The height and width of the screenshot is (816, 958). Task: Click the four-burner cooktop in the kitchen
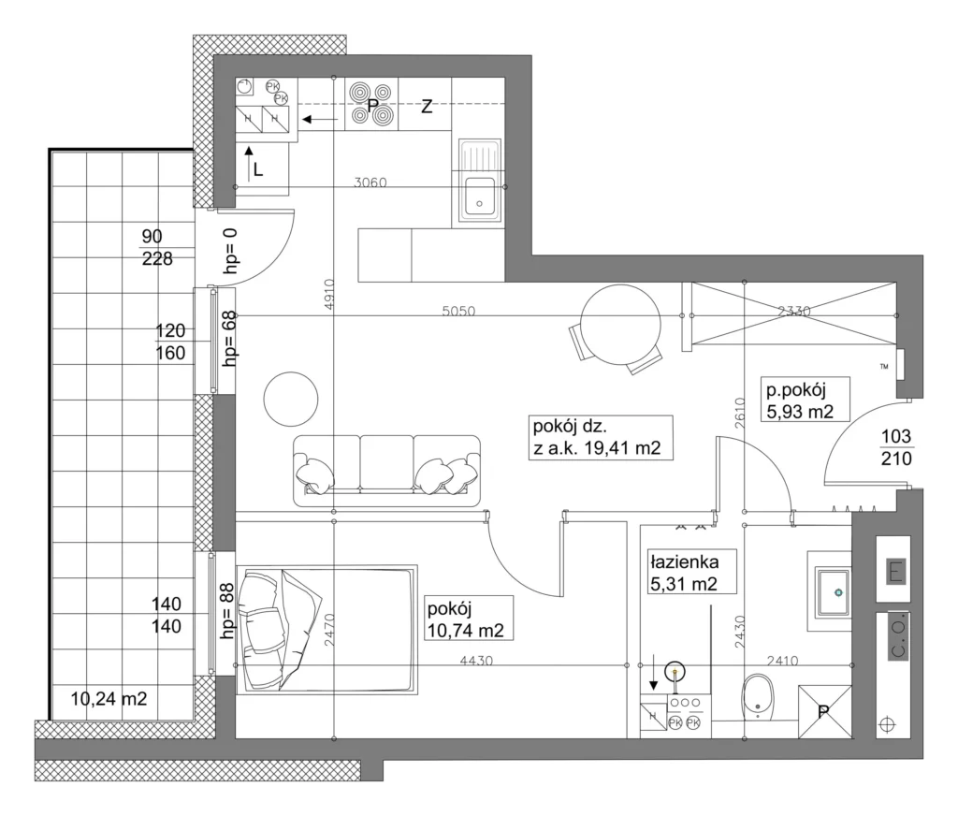pos(370,103)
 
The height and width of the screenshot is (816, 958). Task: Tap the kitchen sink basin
pos(480,197)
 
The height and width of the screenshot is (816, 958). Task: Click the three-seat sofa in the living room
pos(386,471)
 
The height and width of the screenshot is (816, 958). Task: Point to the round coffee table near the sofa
pos(291,400)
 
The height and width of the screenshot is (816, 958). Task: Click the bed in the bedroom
pos(327,629)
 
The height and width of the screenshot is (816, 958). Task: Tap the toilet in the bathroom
pos(758,697)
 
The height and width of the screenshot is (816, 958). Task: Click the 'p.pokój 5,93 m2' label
pos(799,400)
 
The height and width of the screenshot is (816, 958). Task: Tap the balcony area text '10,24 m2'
pos(109,698)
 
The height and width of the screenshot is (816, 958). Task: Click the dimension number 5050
pos(458,311)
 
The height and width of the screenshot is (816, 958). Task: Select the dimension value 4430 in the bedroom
pos(476,661)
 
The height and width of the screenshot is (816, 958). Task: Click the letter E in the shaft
pos(895,572)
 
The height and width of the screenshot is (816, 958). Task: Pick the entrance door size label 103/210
pos(896,447)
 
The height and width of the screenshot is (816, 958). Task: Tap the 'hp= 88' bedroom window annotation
pos(226,611)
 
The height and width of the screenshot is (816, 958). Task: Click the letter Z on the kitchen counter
pos(427,107)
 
